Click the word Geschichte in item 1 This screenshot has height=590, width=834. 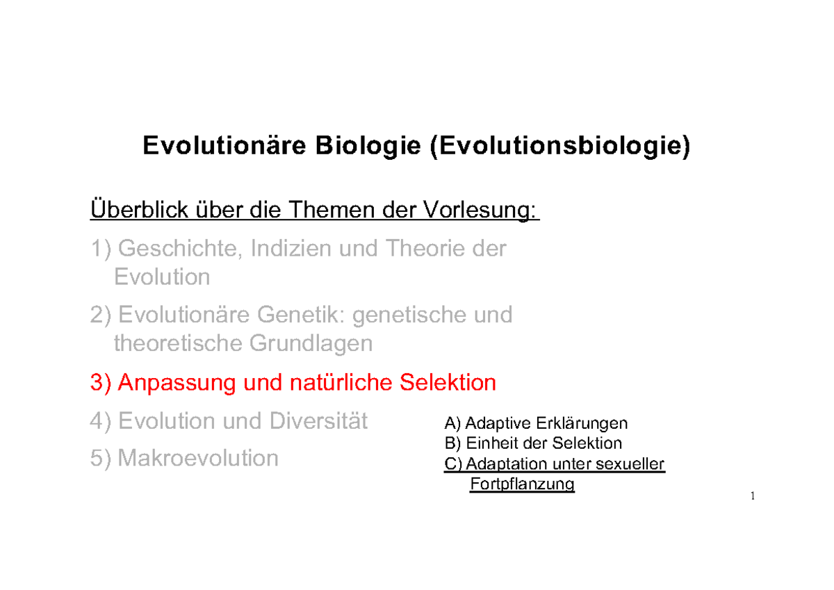point(177,248)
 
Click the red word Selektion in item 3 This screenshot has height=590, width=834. point(448,382)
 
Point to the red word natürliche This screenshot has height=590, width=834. point(336,382)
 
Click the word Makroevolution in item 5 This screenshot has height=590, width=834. point(198,458)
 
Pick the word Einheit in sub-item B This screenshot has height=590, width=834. point(489,443)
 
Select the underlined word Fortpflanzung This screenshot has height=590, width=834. point(522,484)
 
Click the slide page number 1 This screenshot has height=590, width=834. point(752,497)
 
